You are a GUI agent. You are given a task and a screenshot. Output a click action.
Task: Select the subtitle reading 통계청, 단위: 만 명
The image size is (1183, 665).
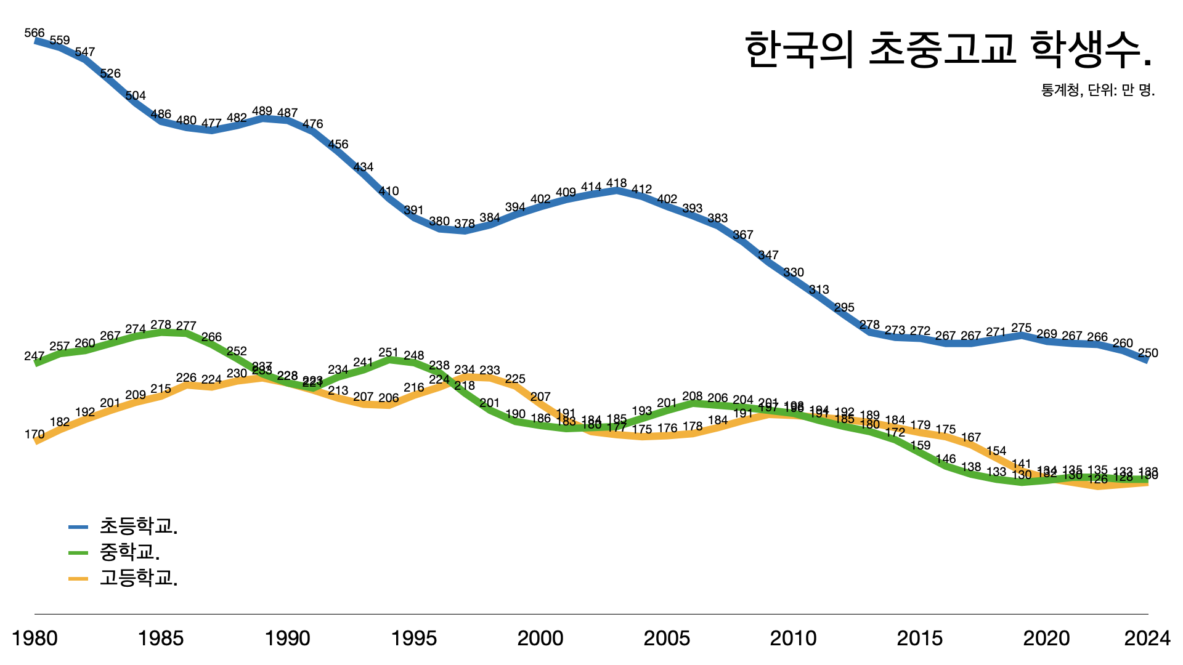pos(1097,90)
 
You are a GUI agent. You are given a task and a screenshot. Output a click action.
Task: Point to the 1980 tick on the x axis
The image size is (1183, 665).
pos(35,638)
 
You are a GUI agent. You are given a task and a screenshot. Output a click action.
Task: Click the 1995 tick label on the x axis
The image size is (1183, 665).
pos(414,638)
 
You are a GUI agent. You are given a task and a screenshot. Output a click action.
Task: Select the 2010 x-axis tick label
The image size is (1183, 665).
pos(793,638)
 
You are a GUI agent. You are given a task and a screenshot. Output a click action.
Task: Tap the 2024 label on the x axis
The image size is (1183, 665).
pos(1147,638)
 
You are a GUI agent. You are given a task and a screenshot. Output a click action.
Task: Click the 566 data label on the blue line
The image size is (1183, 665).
pos(35,33)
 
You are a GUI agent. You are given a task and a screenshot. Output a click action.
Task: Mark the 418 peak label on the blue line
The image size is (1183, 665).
pos(616,183)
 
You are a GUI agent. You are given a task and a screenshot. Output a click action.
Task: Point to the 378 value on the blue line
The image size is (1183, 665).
pos(465,224)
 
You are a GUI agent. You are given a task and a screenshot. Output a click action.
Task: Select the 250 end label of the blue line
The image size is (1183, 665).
pos(1147,353)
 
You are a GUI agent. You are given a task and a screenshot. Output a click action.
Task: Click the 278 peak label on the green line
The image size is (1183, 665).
pos(161,324)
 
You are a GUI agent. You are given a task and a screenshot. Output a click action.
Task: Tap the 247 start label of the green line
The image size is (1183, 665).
pos(35,356)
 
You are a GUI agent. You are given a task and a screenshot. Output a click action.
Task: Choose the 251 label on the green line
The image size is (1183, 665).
pos(388,352)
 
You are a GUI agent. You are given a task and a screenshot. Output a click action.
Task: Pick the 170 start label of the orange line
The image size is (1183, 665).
pos(35,434)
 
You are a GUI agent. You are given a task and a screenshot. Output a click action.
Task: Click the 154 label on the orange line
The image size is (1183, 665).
pos(996,451)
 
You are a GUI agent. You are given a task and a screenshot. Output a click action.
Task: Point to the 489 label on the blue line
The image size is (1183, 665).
pos(262,111)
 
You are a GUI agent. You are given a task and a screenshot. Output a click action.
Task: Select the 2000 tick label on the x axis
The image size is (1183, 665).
pos(540,638)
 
